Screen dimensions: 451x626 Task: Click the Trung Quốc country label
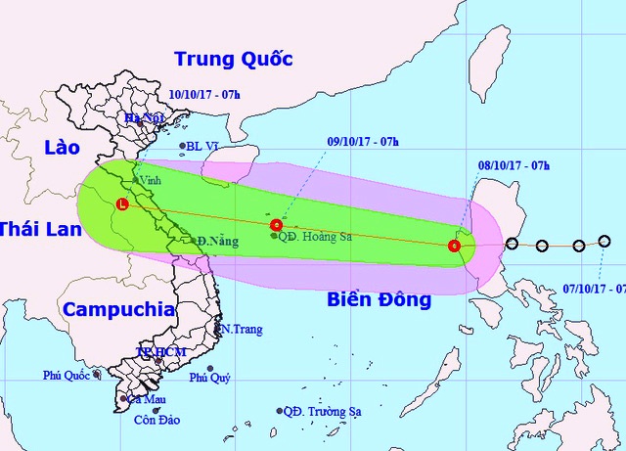tap(233, 59)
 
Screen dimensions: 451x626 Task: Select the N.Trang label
tap(241, 330)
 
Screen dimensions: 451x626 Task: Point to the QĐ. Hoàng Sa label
tap(312, 236)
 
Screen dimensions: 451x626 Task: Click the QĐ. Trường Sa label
tap(323, 412)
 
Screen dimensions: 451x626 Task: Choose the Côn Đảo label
tap(156, 422)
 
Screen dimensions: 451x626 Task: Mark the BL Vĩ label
tap(206, 148)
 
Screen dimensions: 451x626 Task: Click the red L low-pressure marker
tap(121, 204)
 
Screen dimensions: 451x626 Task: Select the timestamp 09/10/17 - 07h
tap(362, 142)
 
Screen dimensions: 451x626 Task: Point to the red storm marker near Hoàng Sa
tap(276, 225)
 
